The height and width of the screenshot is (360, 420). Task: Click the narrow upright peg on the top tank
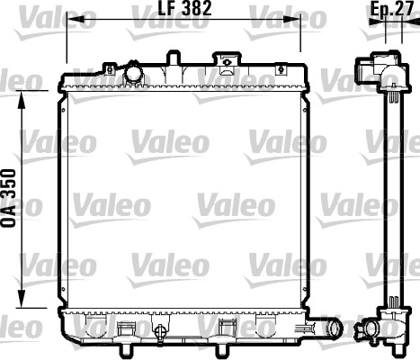[171, 57]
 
